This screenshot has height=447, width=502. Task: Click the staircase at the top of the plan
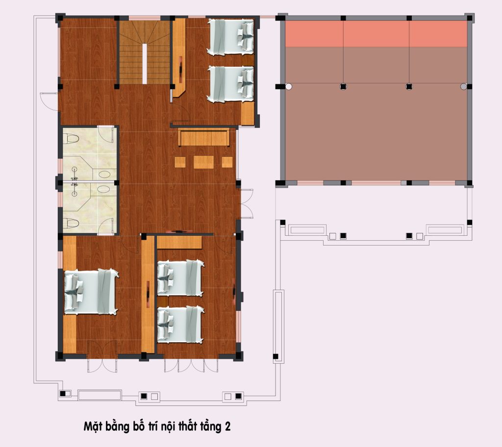[145, 52]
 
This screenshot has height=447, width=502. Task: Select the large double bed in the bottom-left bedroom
[91, 292]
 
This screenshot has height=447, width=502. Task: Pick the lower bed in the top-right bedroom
[230, 84]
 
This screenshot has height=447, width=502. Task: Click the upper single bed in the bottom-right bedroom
[180, 278]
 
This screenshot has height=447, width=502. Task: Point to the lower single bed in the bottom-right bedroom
[180, 324]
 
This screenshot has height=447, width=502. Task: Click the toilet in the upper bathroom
[71, 139]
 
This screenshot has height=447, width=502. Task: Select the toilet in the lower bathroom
[71, 223]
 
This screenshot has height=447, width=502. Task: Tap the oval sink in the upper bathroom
[105, 174]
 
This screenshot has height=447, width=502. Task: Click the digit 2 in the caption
[227, 426]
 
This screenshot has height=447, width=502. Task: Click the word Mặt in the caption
[92, 427]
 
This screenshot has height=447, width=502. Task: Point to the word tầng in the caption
[211, 427]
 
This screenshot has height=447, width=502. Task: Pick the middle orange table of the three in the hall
[203, 162]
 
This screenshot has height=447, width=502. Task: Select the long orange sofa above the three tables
[204, 137]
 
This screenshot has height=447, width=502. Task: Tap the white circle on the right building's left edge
[288, 86]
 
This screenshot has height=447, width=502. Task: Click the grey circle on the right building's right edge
[463, 86]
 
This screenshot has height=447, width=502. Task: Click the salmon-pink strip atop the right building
[376, 34]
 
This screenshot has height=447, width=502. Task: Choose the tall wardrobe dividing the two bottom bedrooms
[148, 295]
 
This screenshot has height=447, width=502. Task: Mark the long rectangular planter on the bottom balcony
[100, 395]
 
